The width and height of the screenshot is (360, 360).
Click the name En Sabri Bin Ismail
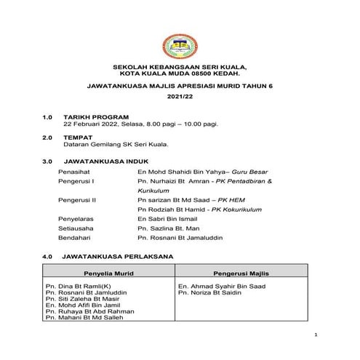coord(167,217)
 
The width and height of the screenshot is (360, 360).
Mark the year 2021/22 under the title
coord(179,96)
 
